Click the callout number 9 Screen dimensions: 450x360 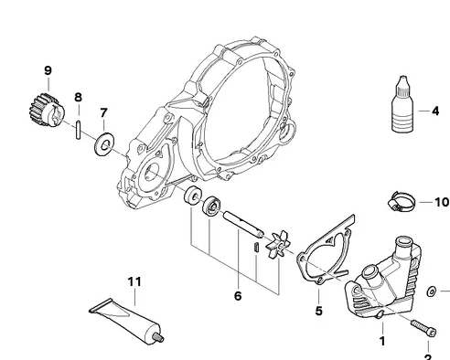[x=48, y=70]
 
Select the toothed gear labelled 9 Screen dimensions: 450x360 [x=47, y=110]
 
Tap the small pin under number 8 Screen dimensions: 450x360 [x=79, y=130]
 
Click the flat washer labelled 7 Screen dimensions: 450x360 [x=104, y=144]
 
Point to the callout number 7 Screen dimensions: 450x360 [x=103, y=113]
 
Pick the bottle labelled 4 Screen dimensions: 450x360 [x=402, y=104]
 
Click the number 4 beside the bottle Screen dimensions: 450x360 [x=435, y=111]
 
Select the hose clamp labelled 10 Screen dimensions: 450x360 [x=402, y=201]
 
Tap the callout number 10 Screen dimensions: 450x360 [x=442, y=202]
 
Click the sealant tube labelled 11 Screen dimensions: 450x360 [x=126, y=321]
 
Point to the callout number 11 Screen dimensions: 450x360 [x=134, y=281]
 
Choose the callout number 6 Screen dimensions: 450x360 [x=238, y=296]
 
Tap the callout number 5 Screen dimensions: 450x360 [x=318, y=311]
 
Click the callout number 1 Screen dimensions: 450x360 [x=382, y=342]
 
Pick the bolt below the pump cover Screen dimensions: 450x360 [x=423, y=328]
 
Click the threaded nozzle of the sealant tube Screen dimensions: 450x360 [x=158, y=337]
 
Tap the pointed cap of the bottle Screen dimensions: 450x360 [x=402, y=84]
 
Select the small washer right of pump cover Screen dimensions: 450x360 [x=432, y=291]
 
